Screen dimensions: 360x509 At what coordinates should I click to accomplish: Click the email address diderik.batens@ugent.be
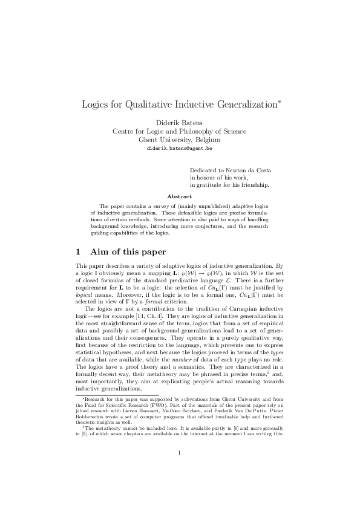180,148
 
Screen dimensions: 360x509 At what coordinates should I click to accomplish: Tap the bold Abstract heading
180,196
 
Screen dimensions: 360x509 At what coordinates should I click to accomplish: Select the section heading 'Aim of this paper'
128,251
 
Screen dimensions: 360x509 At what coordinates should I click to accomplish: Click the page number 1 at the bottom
180,469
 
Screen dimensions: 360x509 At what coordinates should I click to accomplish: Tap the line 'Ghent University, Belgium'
180,138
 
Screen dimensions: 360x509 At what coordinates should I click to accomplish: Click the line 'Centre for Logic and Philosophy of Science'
180,130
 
